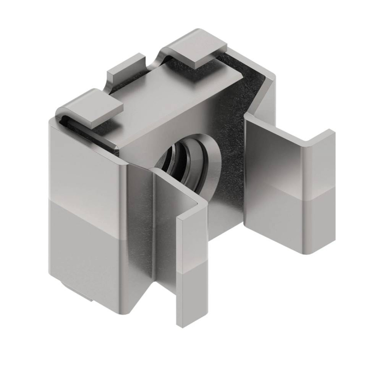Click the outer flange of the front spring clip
pyautogui.click(x=191, y=256)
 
